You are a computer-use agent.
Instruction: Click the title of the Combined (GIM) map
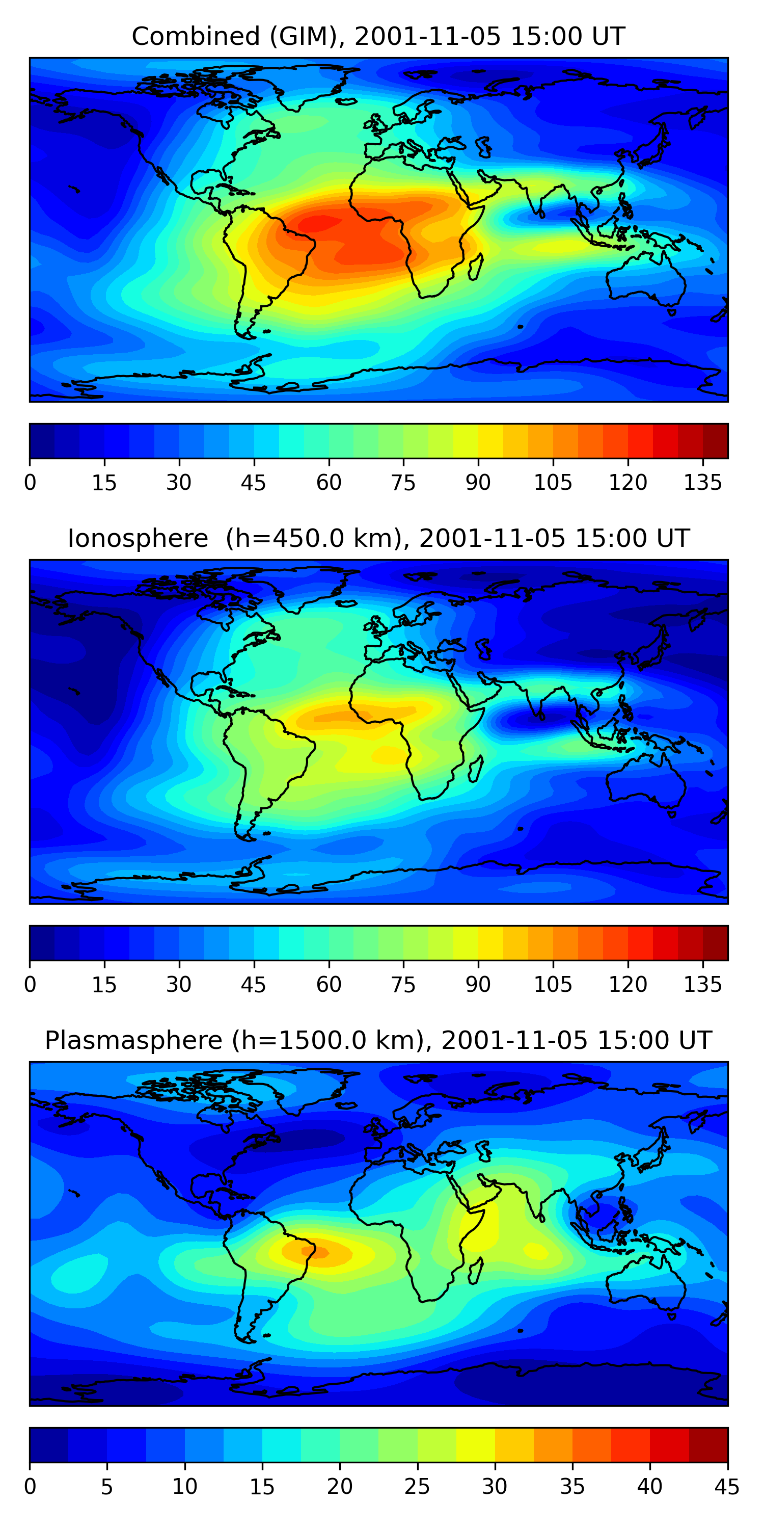(378, 36)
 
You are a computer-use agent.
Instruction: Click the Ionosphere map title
(378, 538)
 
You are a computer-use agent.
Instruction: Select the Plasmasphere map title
(378, 1041)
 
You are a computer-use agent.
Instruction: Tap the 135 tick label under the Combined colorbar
(703, 483)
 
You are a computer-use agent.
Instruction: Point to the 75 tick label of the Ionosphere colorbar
(403, 985)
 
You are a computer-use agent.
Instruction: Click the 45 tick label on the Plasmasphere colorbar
(727, 1487)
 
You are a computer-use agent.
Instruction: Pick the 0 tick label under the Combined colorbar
(30, 483)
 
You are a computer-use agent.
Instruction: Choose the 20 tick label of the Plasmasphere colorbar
(340, 1487)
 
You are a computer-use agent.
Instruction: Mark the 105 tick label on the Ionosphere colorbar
(553, 985)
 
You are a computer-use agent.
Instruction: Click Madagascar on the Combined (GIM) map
(475, 267)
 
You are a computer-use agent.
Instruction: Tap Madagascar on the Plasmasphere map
(475, 1272)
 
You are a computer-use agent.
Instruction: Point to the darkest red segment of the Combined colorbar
(716, 441)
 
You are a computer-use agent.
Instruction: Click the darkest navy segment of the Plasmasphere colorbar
(49, 1445)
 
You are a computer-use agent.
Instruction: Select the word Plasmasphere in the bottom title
(134, 1041)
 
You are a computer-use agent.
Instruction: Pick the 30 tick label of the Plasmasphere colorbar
(495, 1487)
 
